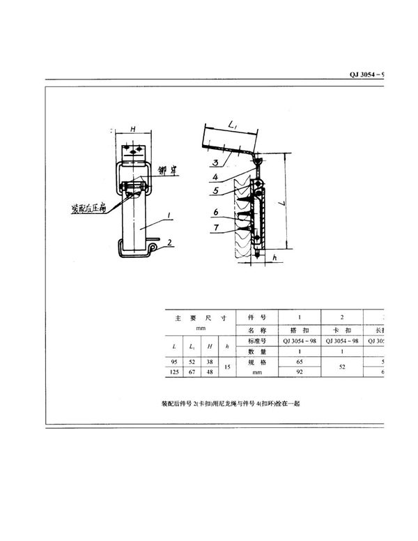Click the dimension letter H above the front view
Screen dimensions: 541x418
coord(132,130)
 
